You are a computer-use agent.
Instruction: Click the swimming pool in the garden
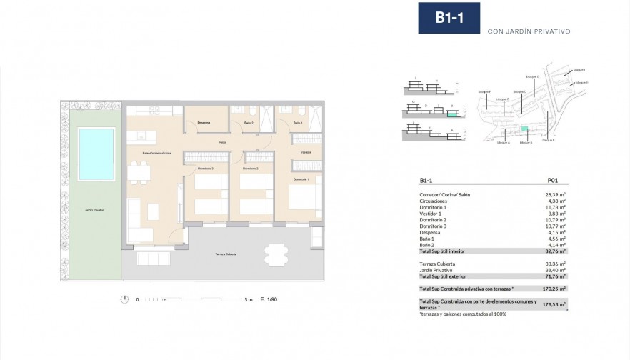[x=96, y=153]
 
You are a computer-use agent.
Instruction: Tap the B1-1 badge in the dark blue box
[x=449, y=19]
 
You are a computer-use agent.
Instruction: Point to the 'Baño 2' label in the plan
[x=249, y=124]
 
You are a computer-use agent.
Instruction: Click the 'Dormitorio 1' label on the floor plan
[x=301, y=179]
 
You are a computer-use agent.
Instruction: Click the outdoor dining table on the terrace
[x=275, y=253]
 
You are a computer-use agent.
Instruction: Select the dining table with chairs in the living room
[x=140, y=174]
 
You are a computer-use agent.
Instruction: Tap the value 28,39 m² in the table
[x=554, y=194]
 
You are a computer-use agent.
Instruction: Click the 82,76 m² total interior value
[x=554, y=251]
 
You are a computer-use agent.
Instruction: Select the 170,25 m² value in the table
[x=554, y=289]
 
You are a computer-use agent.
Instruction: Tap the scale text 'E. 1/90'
[x=269, y=299]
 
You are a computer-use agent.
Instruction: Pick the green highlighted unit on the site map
[x=525, y=129]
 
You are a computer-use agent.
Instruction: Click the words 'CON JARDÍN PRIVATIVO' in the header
[x=528, y=31]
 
